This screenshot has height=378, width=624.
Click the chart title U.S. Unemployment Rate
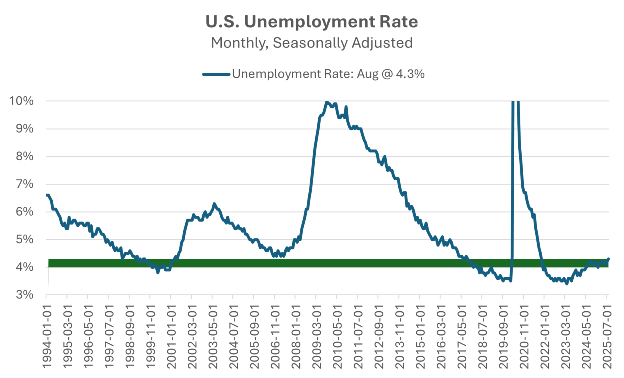pos(312,22)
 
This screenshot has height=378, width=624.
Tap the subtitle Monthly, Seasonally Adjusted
pos(312,43)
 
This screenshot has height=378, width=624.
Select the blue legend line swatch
pos(216,74)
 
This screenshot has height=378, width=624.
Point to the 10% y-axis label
pos(21,101)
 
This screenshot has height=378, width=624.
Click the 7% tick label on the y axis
pos(24,184)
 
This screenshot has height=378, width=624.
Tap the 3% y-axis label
pos(24,295)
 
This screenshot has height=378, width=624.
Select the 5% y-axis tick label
pos(24,239)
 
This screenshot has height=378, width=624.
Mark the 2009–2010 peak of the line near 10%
pos(326,102)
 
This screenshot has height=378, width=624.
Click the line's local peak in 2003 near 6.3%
pos(214,204)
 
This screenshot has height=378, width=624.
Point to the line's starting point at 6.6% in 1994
pos(47,195)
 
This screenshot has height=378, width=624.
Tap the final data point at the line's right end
pos(608,259)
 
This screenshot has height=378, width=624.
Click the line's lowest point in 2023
pos(567,284)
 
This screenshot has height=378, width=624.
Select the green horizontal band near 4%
pos(328,263)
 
